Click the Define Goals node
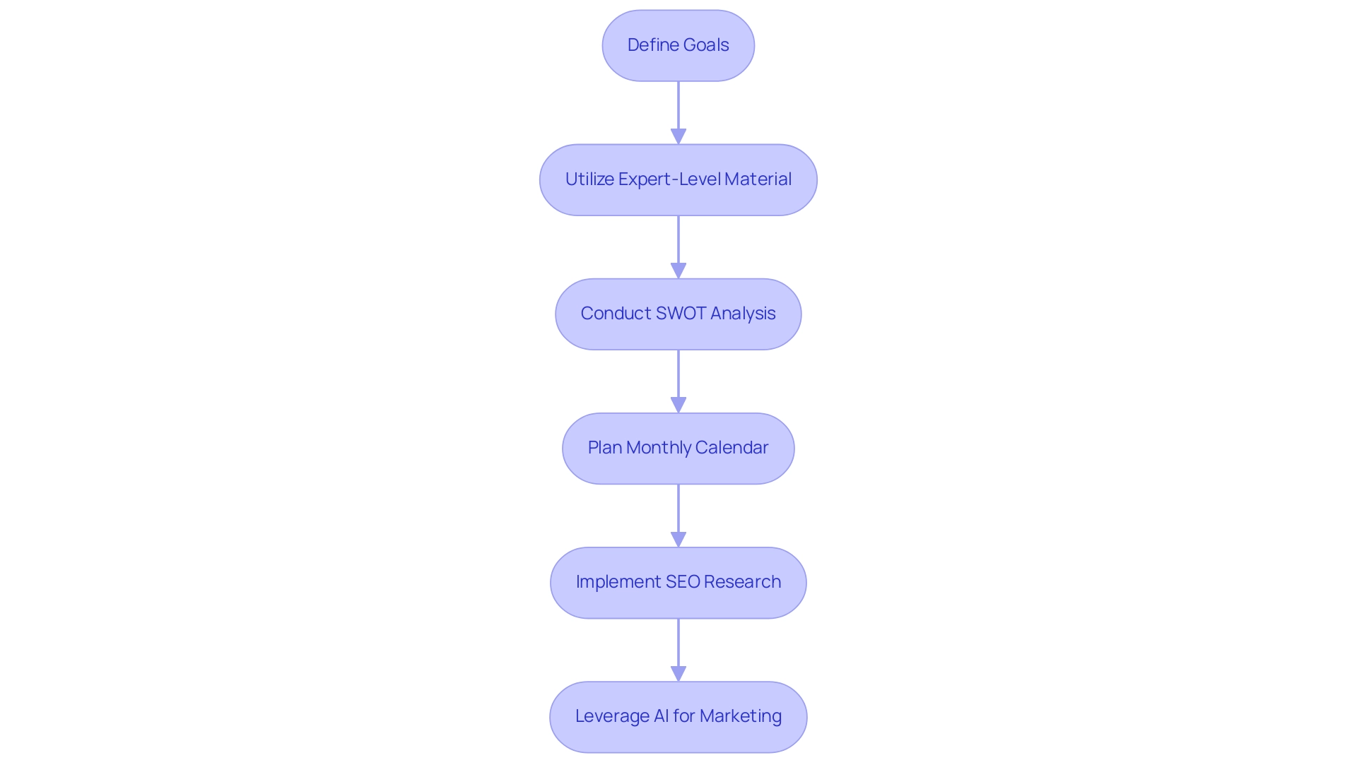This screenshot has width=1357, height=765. (678, 45)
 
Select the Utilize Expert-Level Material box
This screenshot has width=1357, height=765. (678, 179)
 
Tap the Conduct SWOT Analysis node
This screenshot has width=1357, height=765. (678, 314)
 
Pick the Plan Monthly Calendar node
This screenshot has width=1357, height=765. (678, 448)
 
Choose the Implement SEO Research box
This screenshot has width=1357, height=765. (678, 582)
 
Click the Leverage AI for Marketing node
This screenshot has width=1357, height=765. (678, 716)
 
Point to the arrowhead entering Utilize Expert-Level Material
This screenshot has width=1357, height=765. (678, 136)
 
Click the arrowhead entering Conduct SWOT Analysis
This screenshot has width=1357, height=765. (678, 271)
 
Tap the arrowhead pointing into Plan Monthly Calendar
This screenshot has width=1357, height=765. (678, 405)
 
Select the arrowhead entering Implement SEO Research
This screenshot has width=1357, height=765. (678, 539)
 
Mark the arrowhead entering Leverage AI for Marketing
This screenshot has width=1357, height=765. (678, 673)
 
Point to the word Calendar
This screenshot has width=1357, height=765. (731, 448)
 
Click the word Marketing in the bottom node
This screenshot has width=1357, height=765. (741, 716)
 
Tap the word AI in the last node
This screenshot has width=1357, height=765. (661, 716)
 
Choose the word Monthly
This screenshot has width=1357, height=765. (658, 448)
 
